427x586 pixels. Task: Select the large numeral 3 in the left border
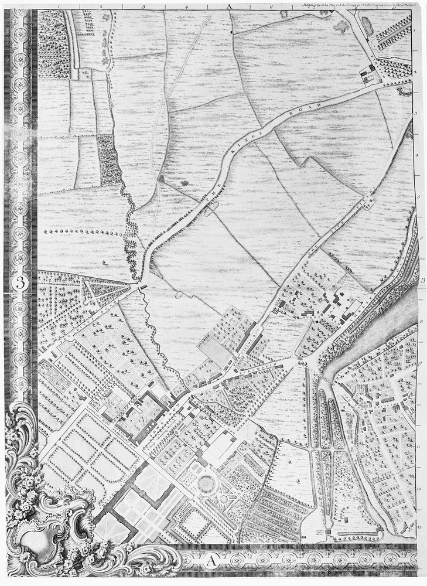(19, 282)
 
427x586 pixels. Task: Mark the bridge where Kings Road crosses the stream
(143, 285)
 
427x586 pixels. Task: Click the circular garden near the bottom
(207, 484)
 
